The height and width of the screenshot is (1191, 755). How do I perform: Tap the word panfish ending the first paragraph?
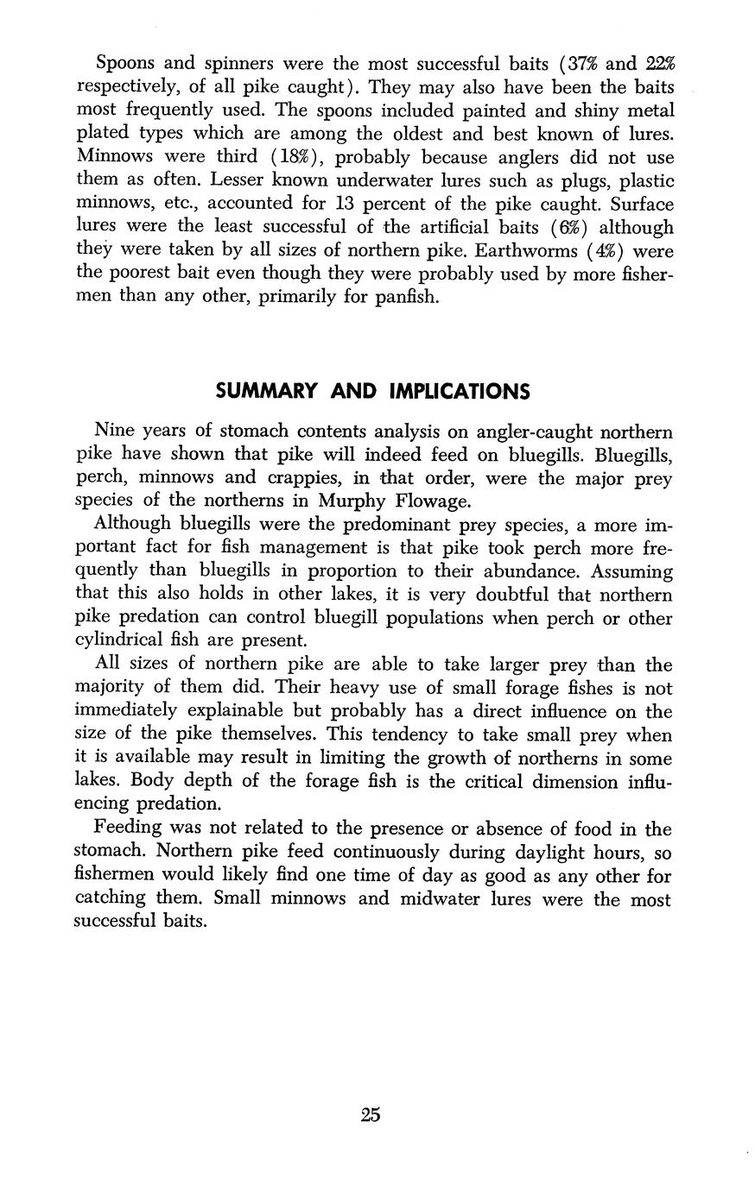tap(409, 298)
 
